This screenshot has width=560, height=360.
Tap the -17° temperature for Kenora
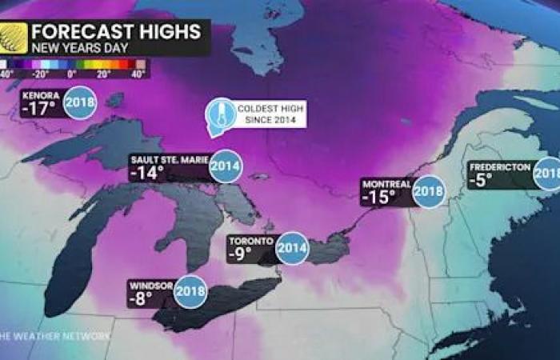coord(39,109)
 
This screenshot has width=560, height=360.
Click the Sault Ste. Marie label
coord(168,160)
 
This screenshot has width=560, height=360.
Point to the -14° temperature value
coord(146,173)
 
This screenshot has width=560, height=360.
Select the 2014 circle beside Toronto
coord(291,247)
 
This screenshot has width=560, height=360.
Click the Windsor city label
coord(150,284)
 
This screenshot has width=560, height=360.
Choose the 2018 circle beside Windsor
coord(190,291)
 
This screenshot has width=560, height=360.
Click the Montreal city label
coord(386,183)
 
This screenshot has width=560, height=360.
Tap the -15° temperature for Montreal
coord(378,197)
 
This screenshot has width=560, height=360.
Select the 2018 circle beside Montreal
coord(429,191)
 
